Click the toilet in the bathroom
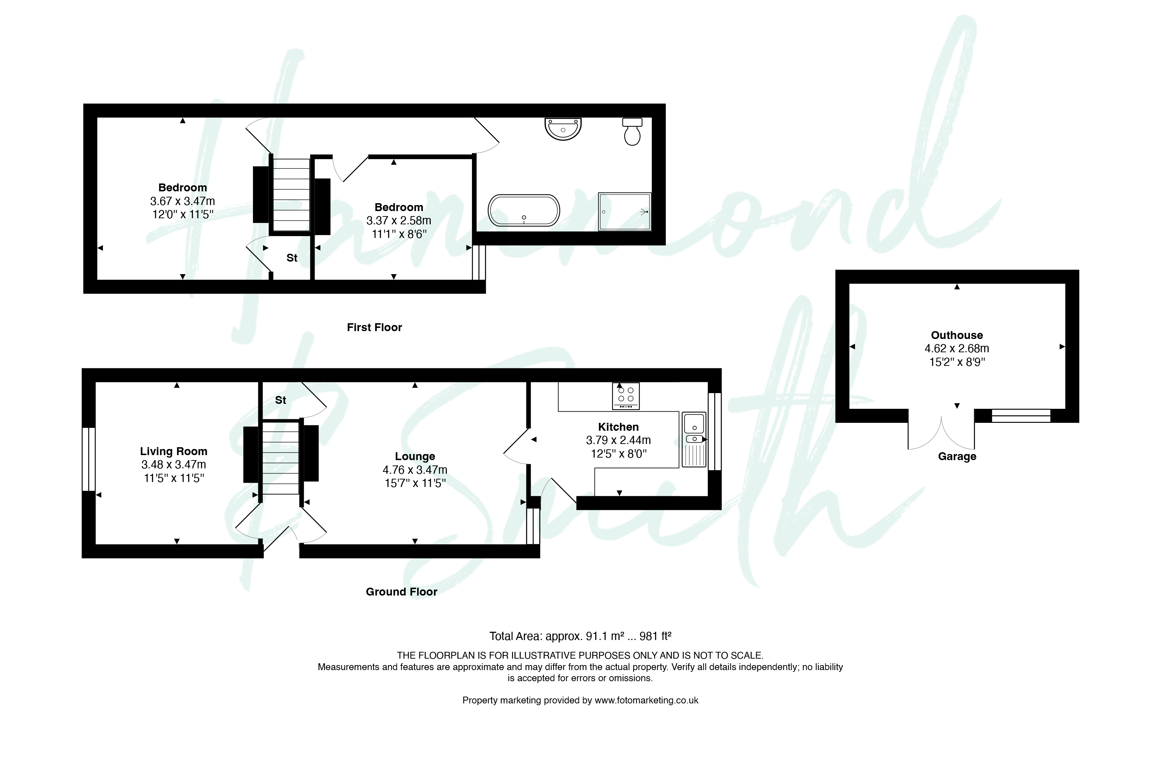tap(632, 132)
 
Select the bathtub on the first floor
tap(524, 211)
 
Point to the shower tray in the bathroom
tap(625, 212)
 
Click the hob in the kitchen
tap(625, 396)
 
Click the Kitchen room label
tap(618, 427)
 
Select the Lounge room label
tap(415, 457)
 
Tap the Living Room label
tap(174, 451)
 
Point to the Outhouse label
tap(957, 335)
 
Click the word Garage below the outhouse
tap(957, 457)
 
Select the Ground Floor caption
tap(401, 592)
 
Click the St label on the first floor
tap(292, 258)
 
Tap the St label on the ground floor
tap(280, 400)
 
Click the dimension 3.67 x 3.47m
tap(183, 201)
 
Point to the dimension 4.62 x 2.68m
tap(957, 349)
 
